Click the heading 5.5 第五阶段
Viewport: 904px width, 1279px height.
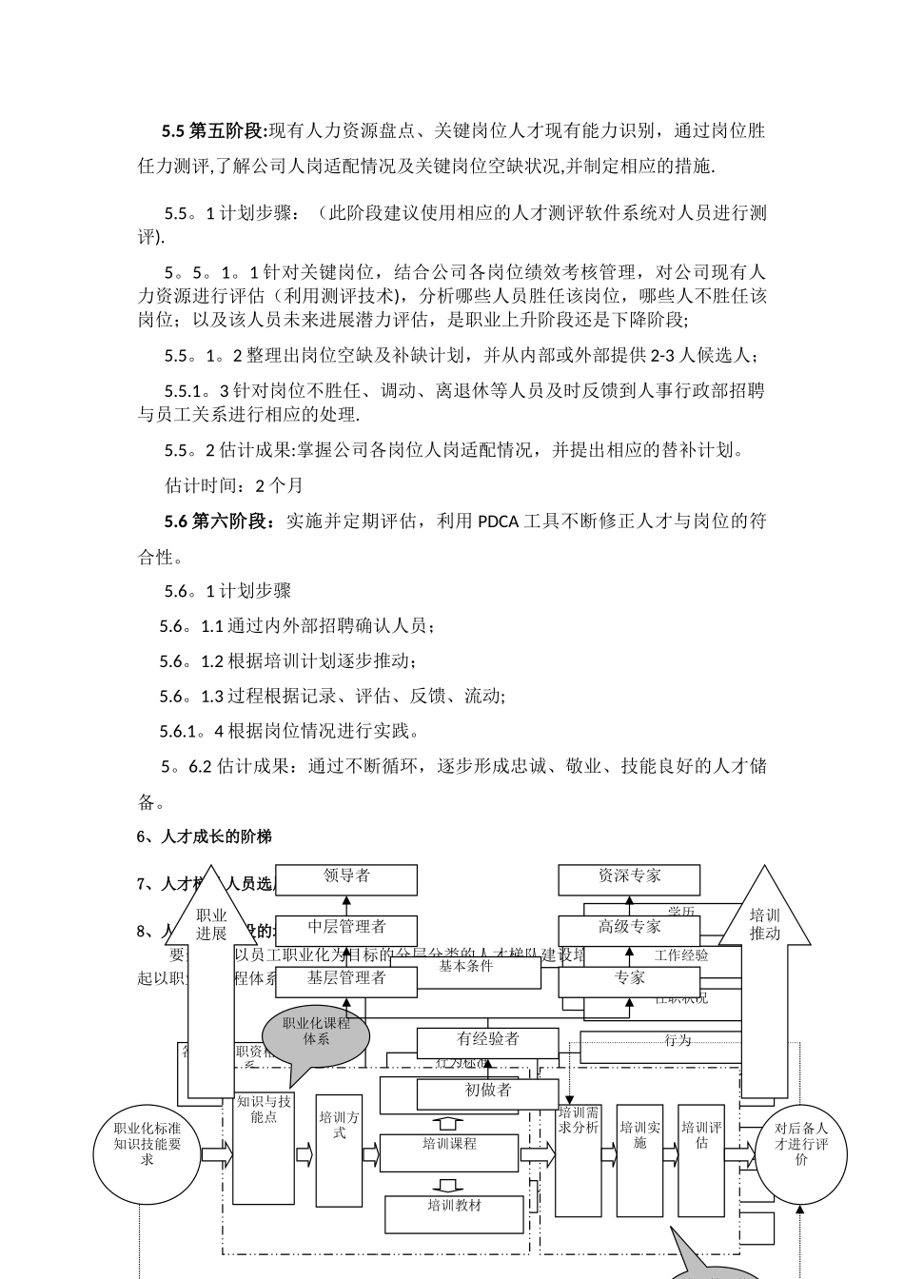pyautogui.click(x=215, y=130)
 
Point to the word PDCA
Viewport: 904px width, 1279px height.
pyautogui.click(x=498, y=521)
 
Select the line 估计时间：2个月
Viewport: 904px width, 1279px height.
pyautogui.click(x=233, y=485)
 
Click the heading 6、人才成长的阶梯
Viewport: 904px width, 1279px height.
pyautogui.click(x=205, y=836)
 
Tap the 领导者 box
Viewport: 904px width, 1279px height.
pyautogui.click(x=346, y=879)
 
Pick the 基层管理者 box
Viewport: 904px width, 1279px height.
pyautogui.click(x=346, y=980)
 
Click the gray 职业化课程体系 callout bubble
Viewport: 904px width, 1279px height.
pyautogui.click(x=316, y=1034)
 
